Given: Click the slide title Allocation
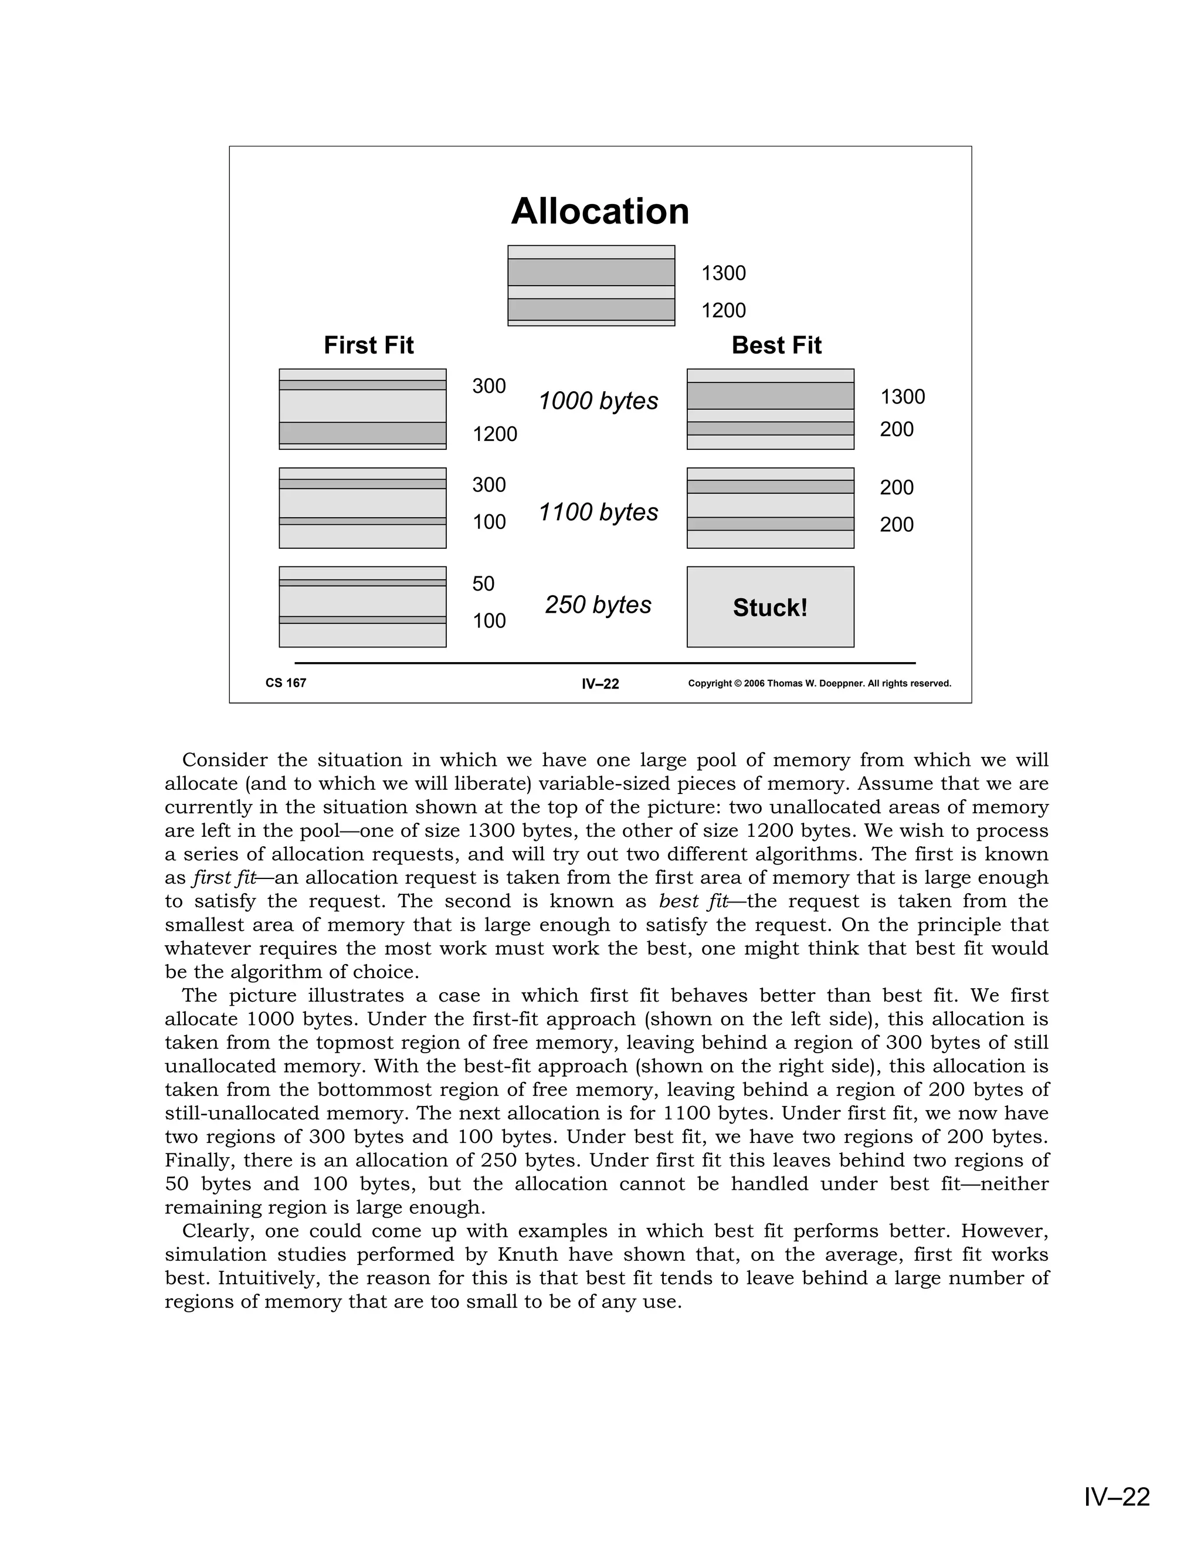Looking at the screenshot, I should (600, 211).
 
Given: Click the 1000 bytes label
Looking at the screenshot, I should (598, 401).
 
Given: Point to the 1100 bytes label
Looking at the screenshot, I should (598, 513).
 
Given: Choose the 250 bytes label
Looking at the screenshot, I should (598, 605).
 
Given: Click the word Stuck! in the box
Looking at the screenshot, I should (770, 608).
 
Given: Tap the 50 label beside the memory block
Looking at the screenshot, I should (483, 584).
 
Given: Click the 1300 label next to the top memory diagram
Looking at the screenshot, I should (724, 273).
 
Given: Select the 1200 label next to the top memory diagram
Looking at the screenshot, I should (724, 310).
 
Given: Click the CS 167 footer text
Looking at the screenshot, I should (286, 683).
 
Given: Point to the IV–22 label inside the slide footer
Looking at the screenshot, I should (600, 684).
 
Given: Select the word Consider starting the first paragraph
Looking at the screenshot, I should (225, 760).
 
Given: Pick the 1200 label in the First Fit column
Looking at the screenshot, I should (495, 434).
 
